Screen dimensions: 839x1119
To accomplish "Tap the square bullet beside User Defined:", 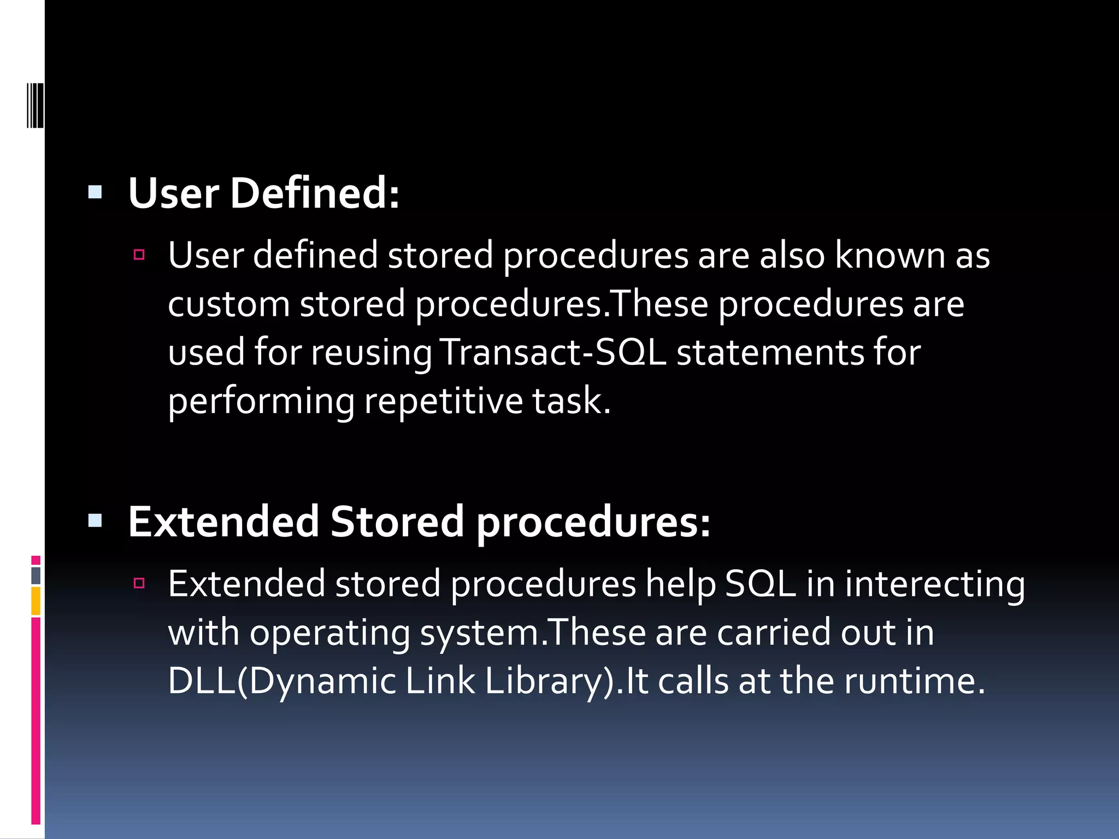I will click(95, 192).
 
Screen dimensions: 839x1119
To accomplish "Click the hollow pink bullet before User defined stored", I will click(139, 255).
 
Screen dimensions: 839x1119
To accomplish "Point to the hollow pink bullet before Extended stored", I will click(139, 583).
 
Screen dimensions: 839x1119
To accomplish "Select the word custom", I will click(229, 304).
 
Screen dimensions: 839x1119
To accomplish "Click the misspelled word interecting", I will click(935, 584).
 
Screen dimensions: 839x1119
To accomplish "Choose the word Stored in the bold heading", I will click(397, 522).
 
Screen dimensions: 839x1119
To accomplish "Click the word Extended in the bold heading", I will click(223, 522).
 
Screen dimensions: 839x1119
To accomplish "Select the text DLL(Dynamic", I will click(282, 681).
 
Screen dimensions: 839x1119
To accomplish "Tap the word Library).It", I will click(566, 681).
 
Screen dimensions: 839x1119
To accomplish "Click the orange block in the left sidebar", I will click(36, 601).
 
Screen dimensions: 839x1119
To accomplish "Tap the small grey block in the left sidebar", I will click(36, 575).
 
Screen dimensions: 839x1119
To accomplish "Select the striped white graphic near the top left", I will click(36, 105).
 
